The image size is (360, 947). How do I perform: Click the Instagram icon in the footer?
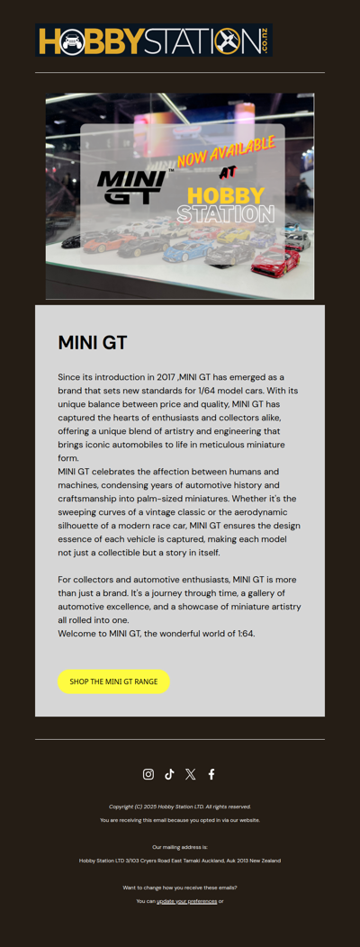(148, 774)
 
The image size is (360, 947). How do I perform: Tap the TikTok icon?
(169, 774)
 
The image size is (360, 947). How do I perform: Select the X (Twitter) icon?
(190, 774)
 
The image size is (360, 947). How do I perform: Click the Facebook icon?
(211, 774)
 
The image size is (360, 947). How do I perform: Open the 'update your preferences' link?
(186, 901)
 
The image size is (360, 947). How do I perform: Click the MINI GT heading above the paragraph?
(93, 343)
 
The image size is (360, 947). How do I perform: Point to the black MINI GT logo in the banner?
(131, 186)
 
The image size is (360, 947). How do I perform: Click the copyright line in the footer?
(180, 807)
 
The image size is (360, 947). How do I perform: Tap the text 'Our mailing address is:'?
(180, 847)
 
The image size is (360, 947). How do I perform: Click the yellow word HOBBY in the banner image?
(226, 195)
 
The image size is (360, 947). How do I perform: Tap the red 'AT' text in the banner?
(228, 173)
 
